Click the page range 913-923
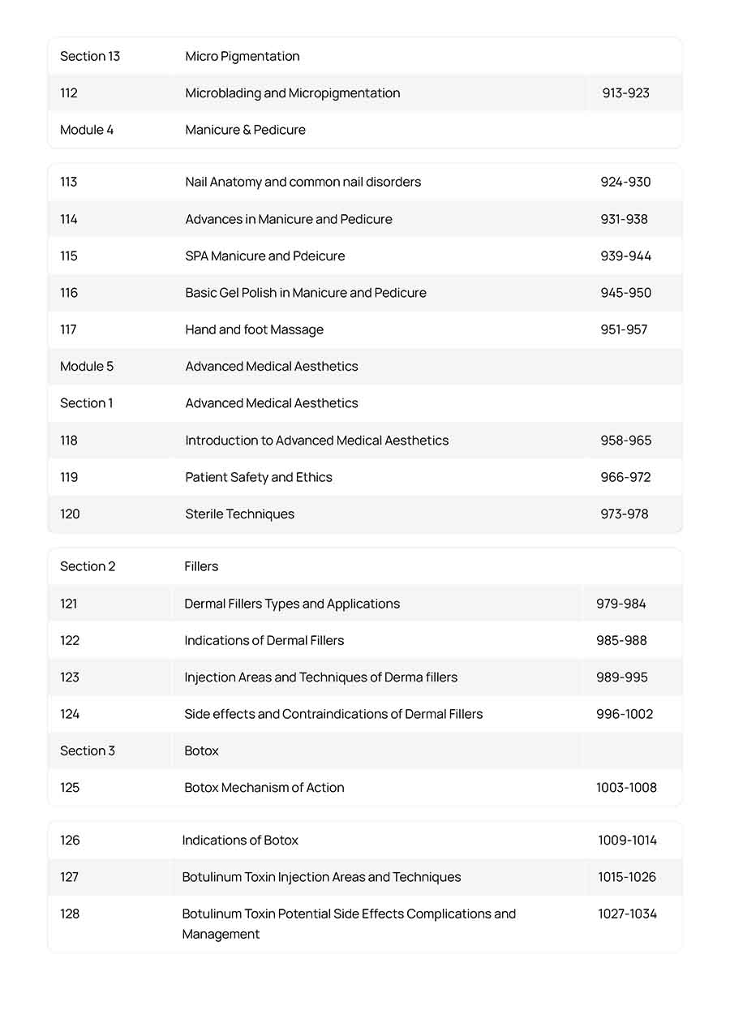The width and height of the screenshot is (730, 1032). (625, 93)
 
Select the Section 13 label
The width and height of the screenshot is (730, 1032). (90, 56)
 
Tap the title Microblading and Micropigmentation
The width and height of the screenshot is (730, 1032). (292, 93)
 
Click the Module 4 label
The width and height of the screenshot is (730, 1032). (87, 130)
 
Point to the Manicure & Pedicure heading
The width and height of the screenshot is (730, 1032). (245, 130)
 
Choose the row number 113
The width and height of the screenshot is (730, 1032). (69, 182)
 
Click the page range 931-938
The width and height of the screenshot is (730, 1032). (624, 219)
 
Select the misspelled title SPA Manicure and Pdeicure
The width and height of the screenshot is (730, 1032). (264, 256)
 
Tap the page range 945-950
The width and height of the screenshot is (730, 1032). (625, 293)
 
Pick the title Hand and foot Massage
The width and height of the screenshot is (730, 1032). (254, 329)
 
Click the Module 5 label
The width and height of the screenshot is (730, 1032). (87, 366)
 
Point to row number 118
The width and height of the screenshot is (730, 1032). (69, 441)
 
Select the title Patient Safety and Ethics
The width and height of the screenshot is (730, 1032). (258, 477)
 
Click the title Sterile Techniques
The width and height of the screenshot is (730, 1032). (239, 514)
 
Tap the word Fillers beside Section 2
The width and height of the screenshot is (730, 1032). (201, 566)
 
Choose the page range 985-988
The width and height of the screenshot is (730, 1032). (621, 640)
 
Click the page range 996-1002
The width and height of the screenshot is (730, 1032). (624, 714)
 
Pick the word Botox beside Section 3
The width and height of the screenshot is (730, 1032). (201, 750)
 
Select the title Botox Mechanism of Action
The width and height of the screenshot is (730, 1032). (264, 788)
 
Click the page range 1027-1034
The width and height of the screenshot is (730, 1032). (627, 914)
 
